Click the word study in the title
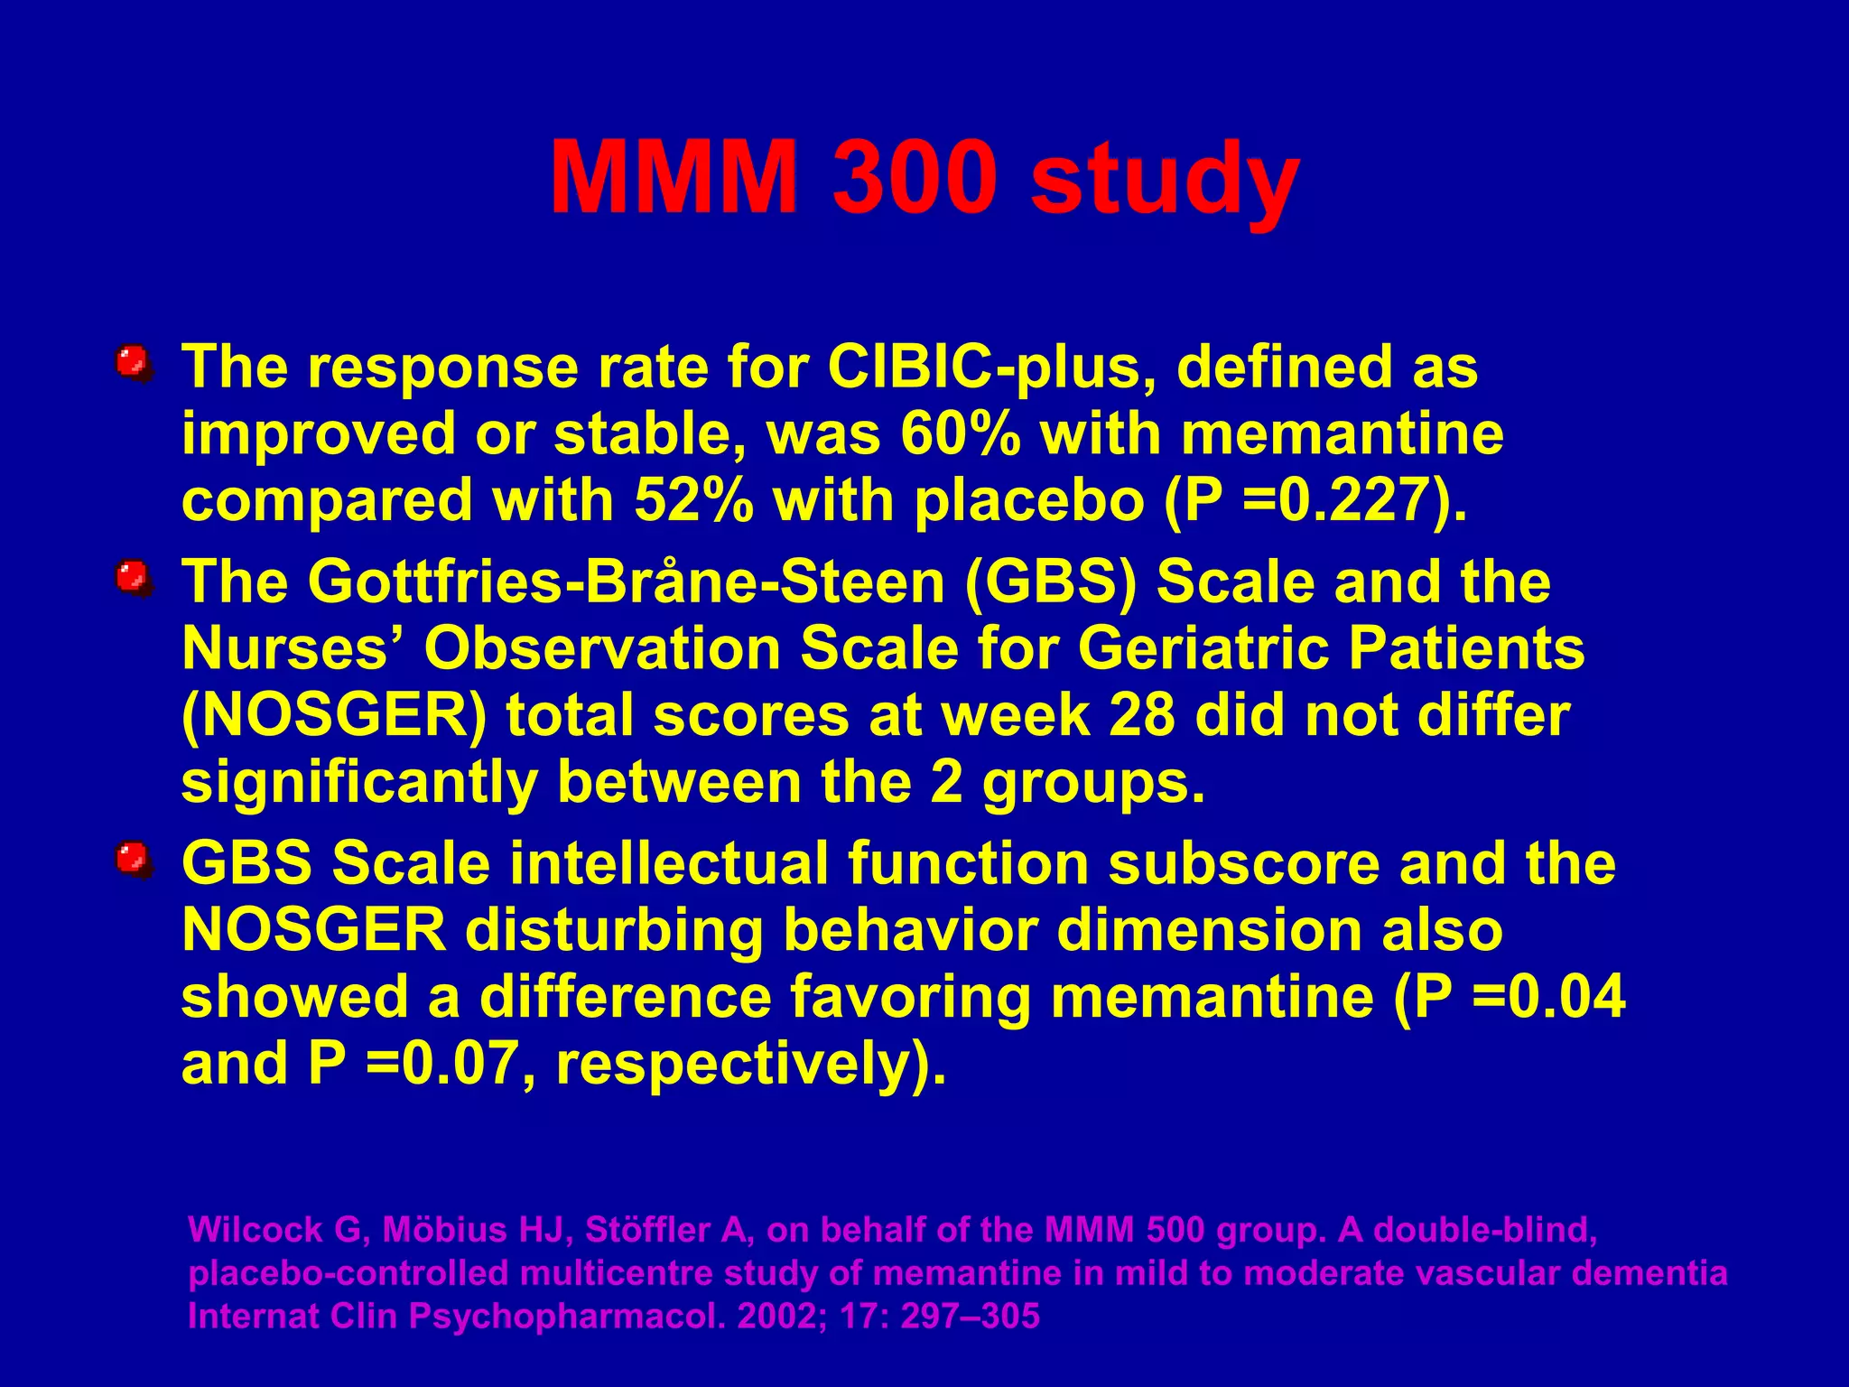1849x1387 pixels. coord(1165,181)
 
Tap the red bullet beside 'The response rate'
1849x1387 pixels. coord(133,363)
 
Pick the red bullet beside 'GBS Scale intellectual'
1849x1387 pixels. coord(133,859)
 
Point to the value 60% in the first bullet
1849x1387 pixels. coord(961,434)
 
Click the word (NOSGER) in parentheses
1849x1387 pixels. coord(333,716)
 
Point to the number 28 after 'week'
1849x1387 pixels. coord(1141,716)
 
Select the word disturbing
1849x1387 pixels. coord(613,930)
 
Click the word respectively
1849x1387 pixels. coord(740,1064)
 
